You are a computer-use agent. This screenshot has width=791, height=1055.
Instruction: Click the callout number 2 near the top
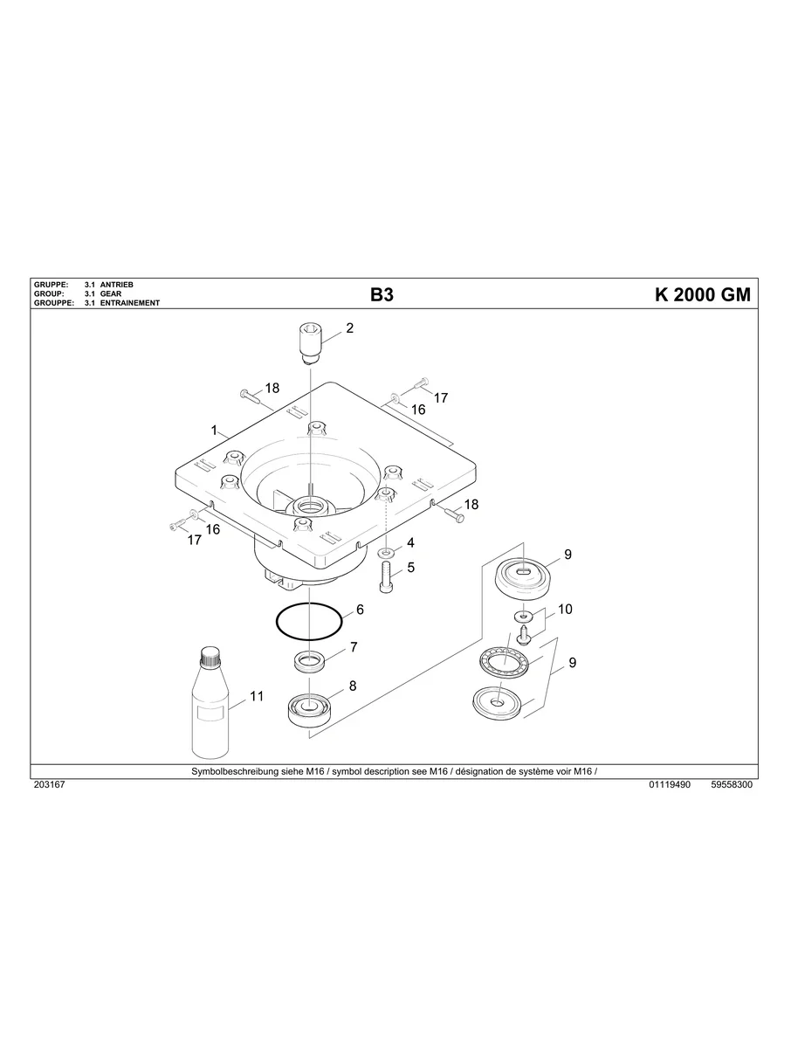click(350, 329)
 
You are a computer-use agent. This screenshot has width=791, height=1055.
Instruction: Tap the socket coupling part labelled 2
click(310, 342)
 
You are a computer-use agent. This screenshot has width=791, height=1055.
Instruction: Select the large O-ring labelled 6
click(309, 622)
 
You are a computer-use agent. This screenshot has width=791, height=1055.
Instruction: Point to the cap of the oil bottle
click(210, 654)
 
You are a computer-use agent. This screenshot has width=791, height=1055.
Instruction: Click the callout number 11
click(257, 696)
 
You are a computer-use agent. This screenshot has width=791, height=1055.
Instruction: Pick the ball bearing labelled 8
click(310, 707)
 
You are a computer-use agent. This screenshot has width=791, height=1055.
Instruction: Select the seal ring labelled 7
click(310, 661)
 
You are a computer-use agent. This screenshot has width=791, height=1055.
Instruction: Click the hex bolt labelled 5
click(387, 578)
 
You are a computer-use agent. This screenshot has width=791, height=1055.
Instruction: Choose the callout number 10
click(565, 610)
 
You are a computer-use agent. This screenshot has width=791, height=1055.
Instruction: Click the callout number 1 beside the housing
click(214, 431)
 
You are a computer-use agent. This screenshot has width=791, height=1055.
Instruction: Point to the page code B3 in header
click(382, 295)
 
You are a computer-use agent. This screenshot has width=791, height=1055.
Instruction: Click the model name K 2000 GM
click(702, 295)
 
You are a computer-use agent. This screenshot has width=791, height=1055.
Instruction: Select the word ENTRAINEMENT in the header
click(130, 303)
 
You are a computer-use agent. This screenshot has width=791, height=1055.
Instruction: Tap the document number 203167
click(48, 785)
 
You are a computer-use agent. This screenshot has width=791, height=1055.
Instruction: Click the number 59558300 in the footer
click(732, 785)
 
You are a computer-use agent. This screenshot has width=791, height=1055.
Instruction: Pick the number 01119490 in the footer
click(670, 785)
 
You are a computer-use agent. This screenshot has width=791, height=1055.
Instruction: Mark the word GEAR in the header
click(111, 294)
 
